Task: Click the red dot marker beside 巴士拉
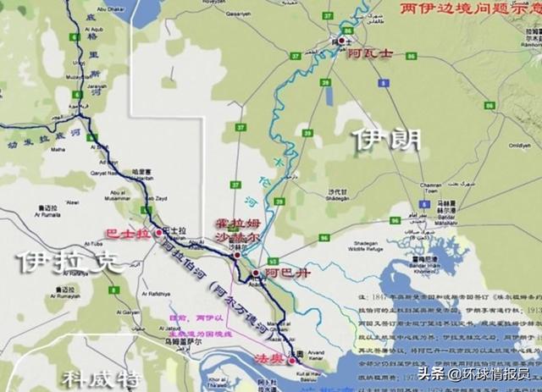point(158,232)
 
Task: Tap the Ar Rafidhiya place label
point(162,295)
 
